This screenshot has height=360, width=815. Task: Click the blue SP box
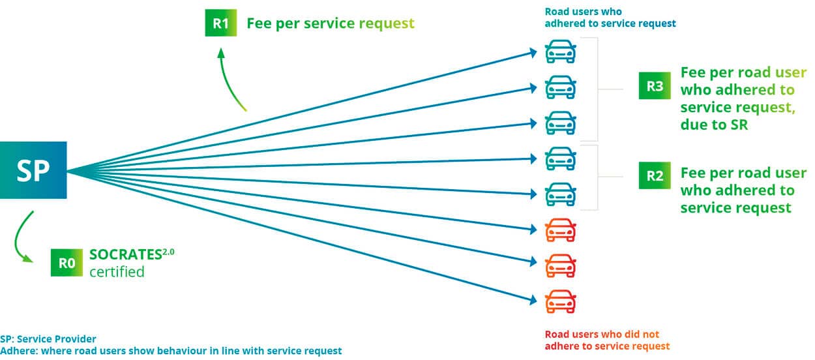[33, 170]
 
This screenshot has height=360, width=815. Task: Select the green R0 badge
[67, 262]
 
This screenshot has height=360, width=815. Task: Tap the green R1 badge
[221, 23]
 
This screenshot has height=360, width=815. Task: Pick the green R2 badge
[655, 175]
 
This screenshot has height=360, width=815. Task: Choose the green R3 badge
[655, 86]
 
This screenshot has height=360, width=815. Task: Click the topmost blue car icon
[560, 52]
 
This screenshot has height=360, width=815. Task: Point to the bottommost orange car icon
[560, 301]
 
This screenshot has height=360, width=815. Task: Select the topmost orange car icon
[560, 230]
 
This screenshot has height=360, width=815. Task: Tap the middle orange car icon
[560, 265]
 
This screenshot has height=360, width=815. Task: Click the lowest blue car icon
[560, 194]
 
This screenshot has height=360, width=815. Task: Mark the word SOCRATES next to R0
[126, 254]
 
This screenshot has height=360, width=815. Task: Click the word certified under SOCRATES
[117, 272]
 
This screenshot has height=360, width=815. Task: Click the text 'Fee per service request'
[331, 23]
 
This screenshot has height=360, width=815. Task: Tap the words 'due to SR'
[714, 125]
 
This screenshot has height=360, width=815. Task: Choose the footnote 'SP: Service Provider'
[48, 339]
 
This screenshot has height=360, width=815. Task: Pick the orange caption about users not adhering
[607, 340]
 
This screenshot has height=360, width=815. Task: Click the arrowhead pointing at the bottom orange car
[533, 299]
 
